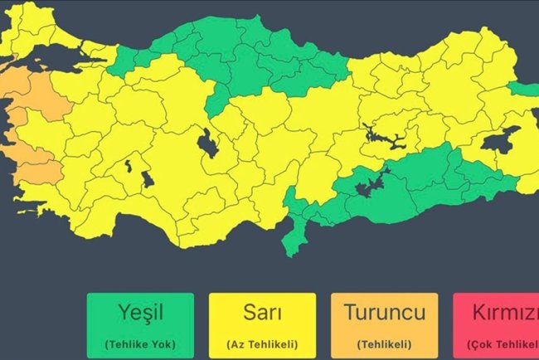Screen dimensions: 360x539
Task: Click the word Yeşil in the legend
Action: click(138, 313)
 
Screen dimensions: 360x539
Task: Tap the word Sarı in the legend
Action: click(261, 313)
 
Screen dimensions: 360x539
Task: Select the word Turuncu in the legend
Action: click(384, 313)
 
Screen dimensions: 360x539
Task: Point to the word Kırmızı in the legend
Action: click(501, 313)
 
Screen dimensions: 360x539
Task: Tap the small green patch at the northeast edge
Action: click(522, 89)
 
